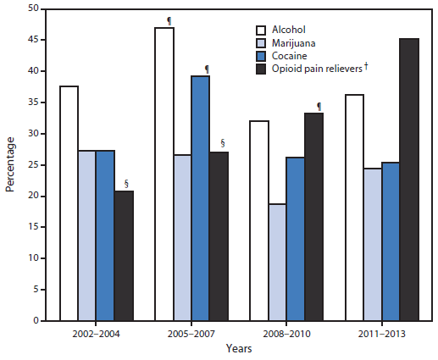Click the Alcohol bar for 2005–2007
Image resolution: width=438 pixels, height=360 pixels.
(x=164, y=174)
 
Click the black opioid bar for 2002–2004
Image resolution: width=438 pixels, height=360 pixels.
(x=124, y=256)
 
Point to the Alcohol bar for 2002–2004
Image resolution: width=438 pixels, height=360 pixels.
(x=69, y=203)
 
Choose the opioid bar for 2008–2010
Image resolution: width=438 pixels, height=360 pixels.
(x=313, y=217)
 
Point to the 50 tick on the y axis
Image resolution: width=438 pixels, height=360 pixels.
(x=34, y=8)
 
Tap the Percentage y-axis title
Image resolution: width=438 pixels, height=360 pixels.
(x=10, y=164)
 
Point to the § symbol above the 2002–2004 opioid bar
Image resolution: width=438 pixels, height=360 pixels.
(x=126, y=183)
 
